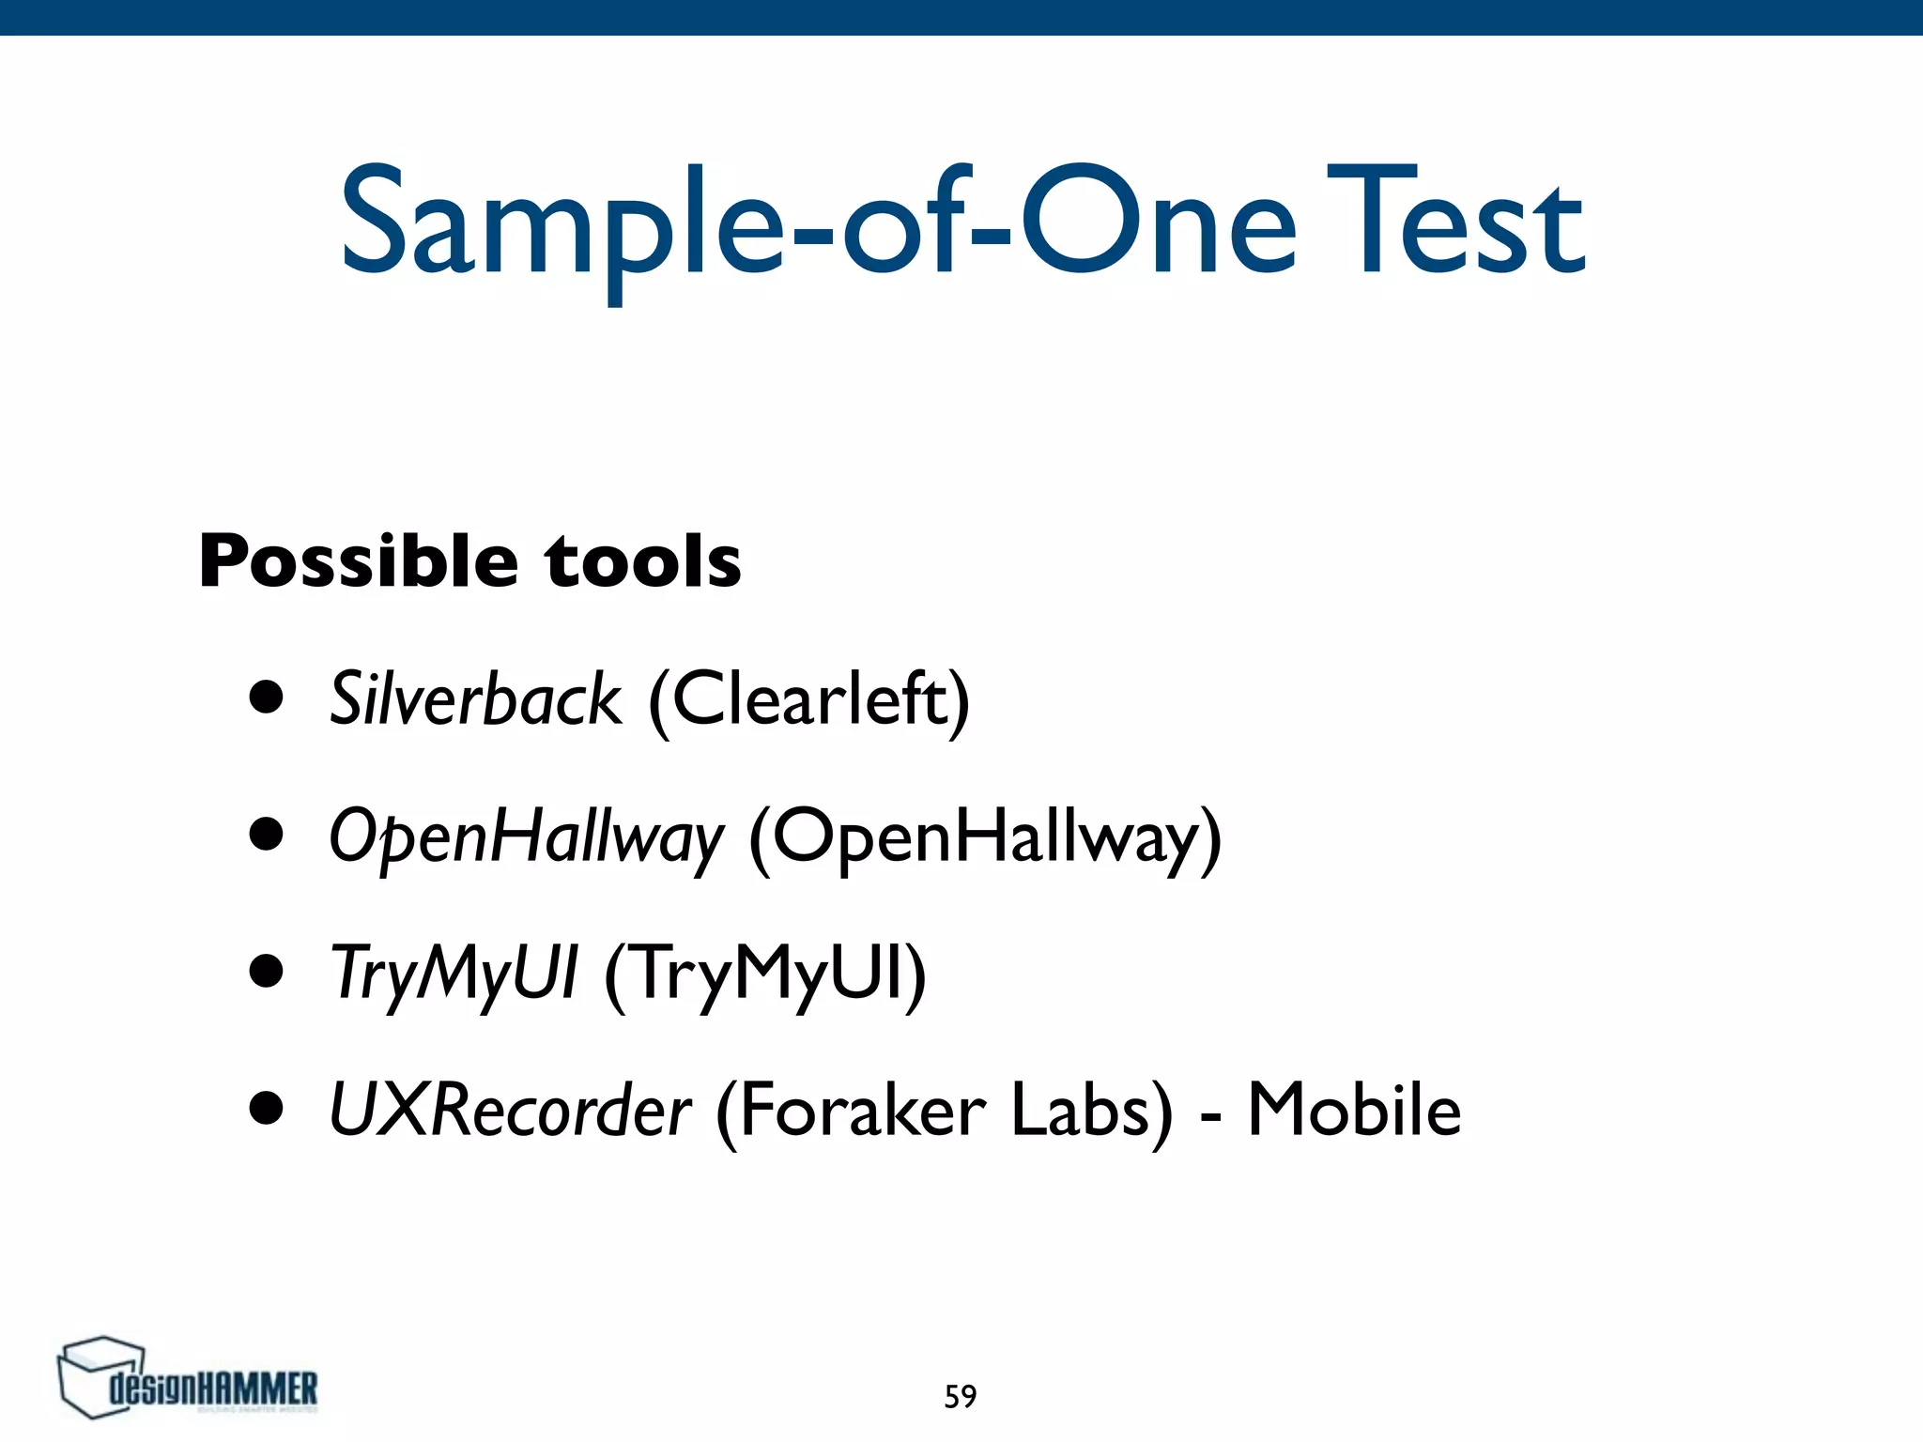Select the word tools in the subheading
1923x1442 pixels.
click(x=643, y=561)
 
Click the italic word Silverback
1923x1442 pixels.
click(x=475, y=700)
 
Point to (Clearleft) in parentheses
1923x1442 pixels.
click(x=808, y=700)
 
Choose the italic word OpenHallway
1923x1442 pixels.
click(x=527, y=836)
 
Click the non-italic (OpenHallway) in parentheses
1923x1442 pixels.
click(x=985, y=836)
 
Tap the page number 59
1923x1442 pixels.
click(x=961, y=1397)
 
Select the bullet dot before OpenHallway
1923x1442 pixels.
click(x=267, y=835)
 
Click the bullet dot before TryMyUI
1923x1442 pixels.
click(x=267, y=972)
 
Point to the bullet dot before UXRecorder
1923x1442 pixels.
click(x=267, y=1108)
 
